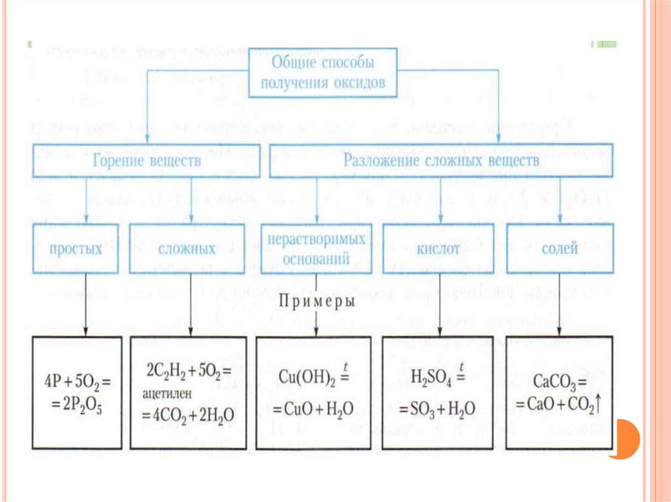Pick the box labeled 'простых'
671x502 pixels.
click(75, 249)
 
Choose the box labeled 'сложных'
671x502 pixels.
click(187, 249)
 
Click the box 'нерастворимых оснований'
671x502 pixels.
click(313, 249)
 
